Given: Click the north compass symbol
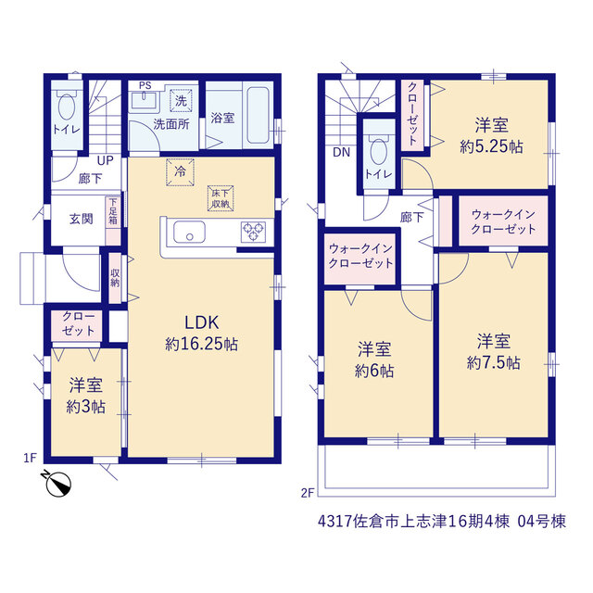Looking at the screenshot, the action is coord(57,483).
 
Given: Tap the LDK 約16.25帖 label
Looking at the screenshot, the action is coord(202,334).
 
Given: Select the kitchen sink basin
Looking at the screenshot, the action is coord(189,232).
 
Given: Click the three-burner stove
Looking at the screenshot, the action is coord(253,232).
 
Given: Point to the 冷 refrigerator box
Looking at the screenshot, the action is coord(180,172).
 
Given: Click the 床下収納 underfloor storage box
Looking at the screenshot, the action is coord(221,198).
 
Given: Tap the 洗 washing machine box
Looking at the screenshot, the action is coord(181,101).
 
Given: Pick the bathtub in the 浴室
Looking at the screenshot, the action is coord(258,115).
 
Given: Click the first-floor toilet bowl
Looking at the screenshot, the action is coord(67,107).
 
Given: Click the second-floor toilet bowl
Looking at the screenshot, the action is coord(379,152).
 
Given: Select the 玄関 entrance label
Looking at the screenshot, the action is coord(81,219).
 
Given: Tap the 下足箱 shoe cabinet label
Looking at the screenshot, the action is coord(113,211).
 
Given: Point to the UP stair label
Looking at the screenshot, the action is coord(105,160).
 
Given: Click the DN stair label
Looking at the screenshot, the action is coord(342,152).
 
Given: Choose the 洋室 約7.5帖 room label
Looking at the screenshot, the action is coord(494,352).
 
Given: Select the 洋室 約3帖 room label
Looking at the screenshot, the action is coord(86,396).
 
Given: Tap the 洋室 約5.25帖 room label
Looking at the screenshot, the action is coord(492,135).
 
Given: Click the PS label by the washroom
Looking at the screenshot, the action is coord(145,85).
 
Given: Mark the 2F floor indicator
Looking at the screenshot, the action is coord(308,493).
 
